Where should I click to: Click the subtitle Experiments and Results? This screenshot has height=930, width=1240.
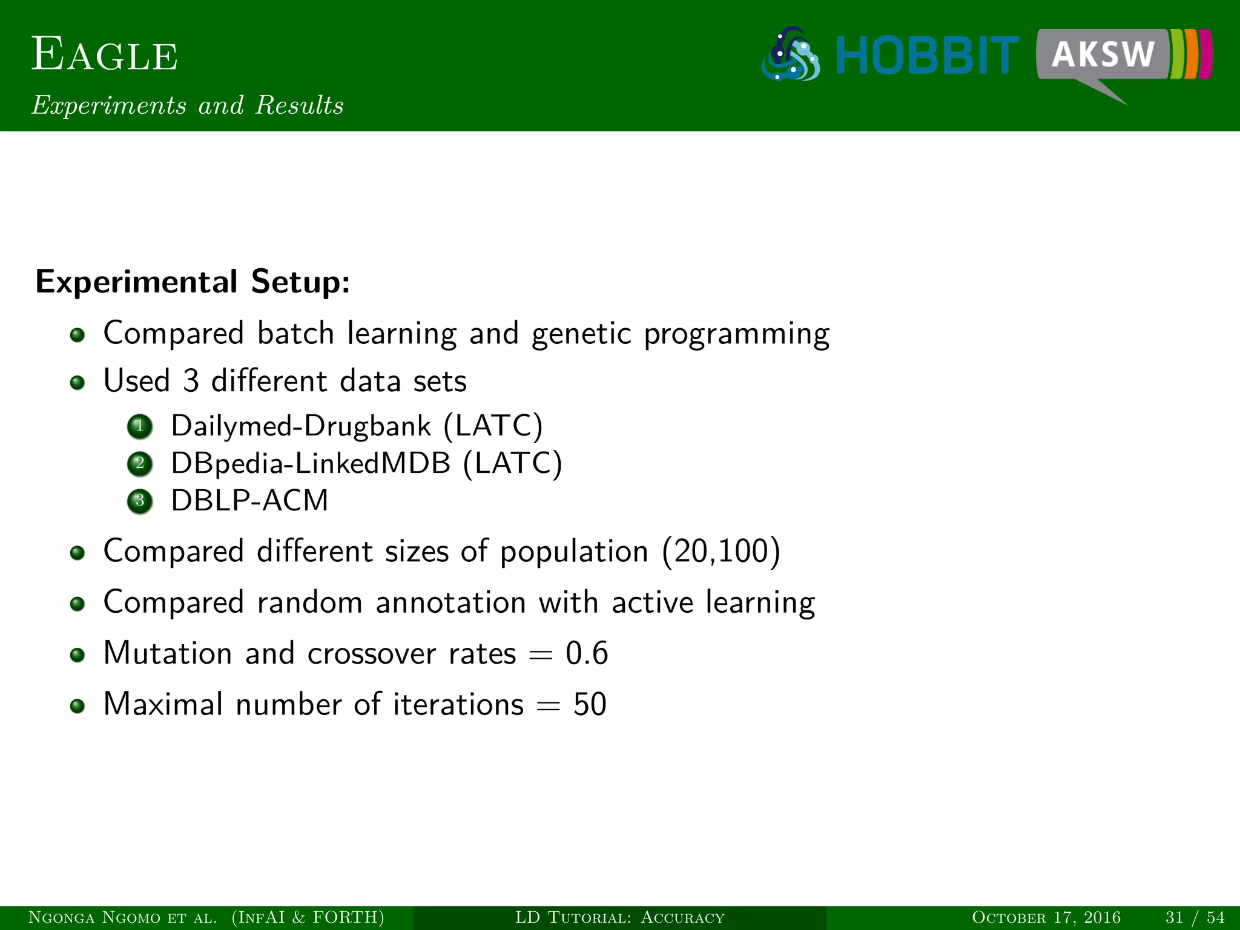188,105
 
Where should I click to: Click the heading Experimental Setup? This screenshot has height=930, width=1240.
193,282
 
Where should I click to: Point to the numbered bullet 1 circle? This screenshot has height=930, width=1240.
140,426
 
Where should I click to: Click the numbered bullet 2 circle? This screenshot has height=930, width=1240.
140,464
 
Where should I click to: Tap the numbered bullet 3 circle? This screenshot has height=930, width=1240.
140,501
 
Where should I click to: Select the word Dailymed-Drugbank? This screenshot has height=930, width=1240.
301,426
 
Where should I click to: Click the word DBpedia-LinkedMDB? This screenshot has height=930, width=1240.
311,464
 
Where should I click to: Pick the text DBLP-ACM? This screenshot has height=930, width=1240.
249,501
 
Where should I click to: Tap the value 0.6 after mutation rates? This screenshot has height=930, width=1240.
586,654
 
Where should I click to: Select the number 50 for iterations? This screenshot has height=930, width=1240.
590,705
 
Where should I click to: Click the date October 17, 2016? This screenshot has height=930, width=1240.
1046,918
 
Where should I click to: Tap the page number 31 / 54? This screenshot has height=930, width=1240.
1195,918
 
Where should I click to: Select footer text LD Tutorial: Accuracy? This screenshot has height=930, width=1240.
619,918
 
